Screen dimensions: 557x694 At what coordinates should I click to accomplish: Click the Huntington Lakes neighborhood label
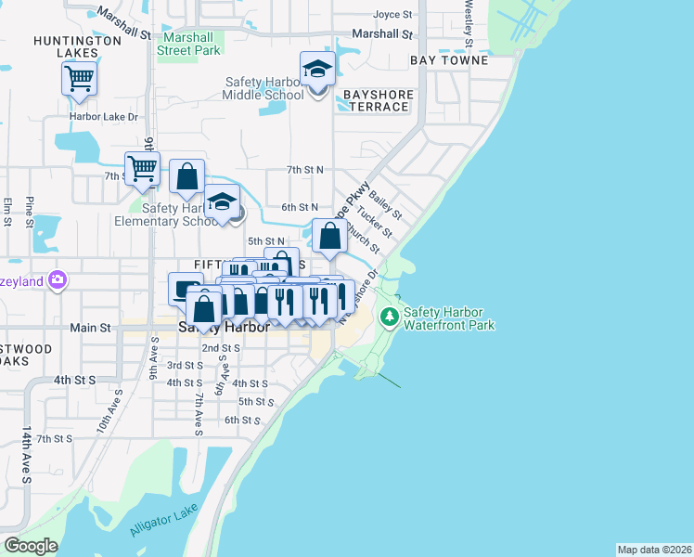coord(77,47)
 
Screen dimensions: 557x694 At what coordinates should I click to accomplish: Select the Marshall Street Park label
coord(189,45)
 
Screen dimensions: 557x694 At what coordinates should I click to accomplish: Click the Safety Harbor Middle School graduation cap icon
coord(317,70)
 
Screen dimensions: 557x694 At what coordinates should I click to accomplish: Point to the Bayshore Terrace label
coord(376,100)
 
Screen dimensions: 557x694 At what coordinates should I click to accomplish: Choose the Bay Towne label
coord(449,60)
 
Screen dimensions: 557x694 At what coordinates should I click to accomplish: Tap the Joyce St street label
coord(392,15)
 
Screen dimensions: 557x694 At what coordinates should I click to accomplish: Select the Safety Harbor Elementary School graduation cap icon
coord(222,202)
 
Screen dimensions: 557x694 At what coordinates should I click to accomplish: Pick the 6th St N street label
coord(301,207)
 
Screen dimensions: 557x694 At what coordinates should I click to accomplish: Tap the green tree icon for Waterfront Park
coord(389,317)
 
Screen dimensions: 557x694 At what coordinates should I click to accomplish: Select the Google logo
coord(31,546)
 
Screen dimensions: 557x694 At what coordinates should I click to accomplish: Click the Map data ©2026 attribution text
coord(654,550)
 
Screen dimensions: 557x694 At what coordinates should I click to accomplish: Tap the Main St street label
coord(90,328)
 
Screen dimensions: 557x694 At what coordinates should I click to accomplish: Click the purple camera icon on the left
coord(58,279)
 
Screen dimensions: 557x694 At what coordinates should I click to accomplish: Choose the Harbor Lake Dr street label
coord(103,117)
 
